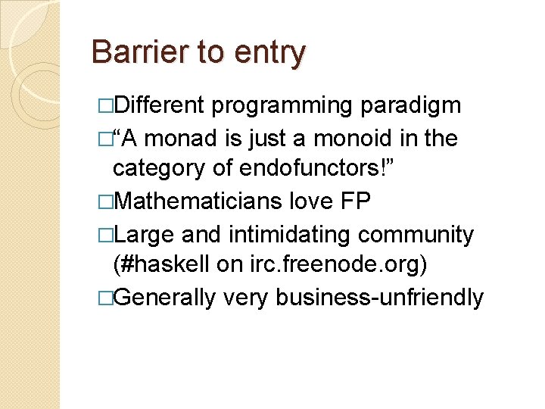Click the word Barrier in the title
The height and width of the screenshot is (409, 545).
coord(140,52)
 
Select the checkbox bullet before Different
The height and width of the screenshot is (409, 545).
coord(106,106)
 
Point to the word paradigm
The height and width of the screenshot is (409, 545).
coord(410,106)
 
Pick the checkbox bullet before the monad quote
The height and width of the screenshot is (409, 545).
coord(106,139)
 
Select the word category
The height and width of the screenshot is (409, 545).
coord(158,169)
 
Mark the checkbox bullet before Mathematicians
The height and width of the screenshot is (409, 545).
coord(106,201)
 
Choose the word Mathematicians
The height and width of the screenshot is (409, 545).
coord(198,201)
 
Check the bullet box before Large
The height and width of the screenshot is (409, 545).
coord(106,236)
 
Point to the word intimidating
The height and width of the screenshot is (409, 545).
coord(289,235)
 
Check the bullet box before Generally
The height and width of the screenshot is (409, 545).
coord(106,298)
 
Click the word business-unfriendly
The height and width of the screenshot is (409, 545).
coord(379,298)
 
